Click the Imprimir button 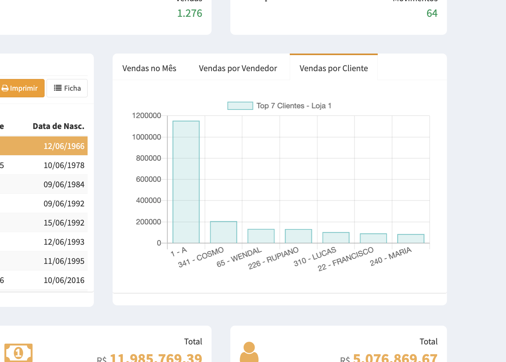20,88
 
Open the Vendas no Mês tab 149,68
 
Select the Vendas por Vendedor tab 238,68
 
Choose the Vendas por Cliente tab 334,68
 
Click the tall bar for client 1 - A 186,182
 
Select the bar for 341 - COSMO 224,232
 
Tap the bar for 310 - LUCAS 336,238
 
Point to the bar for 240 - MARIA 411,238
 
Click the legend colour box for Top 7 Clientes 240,106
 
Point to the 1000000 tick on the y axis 147,137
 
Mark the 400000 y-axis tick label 147,201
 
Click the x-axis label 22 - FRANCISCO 346,259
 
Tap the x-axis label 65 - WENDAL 239,258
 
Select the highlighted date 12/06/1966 64,146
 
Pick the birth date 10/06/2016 64,280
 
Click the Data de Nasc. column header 59,126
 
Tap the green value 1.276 190,13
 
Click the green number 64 432,13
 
